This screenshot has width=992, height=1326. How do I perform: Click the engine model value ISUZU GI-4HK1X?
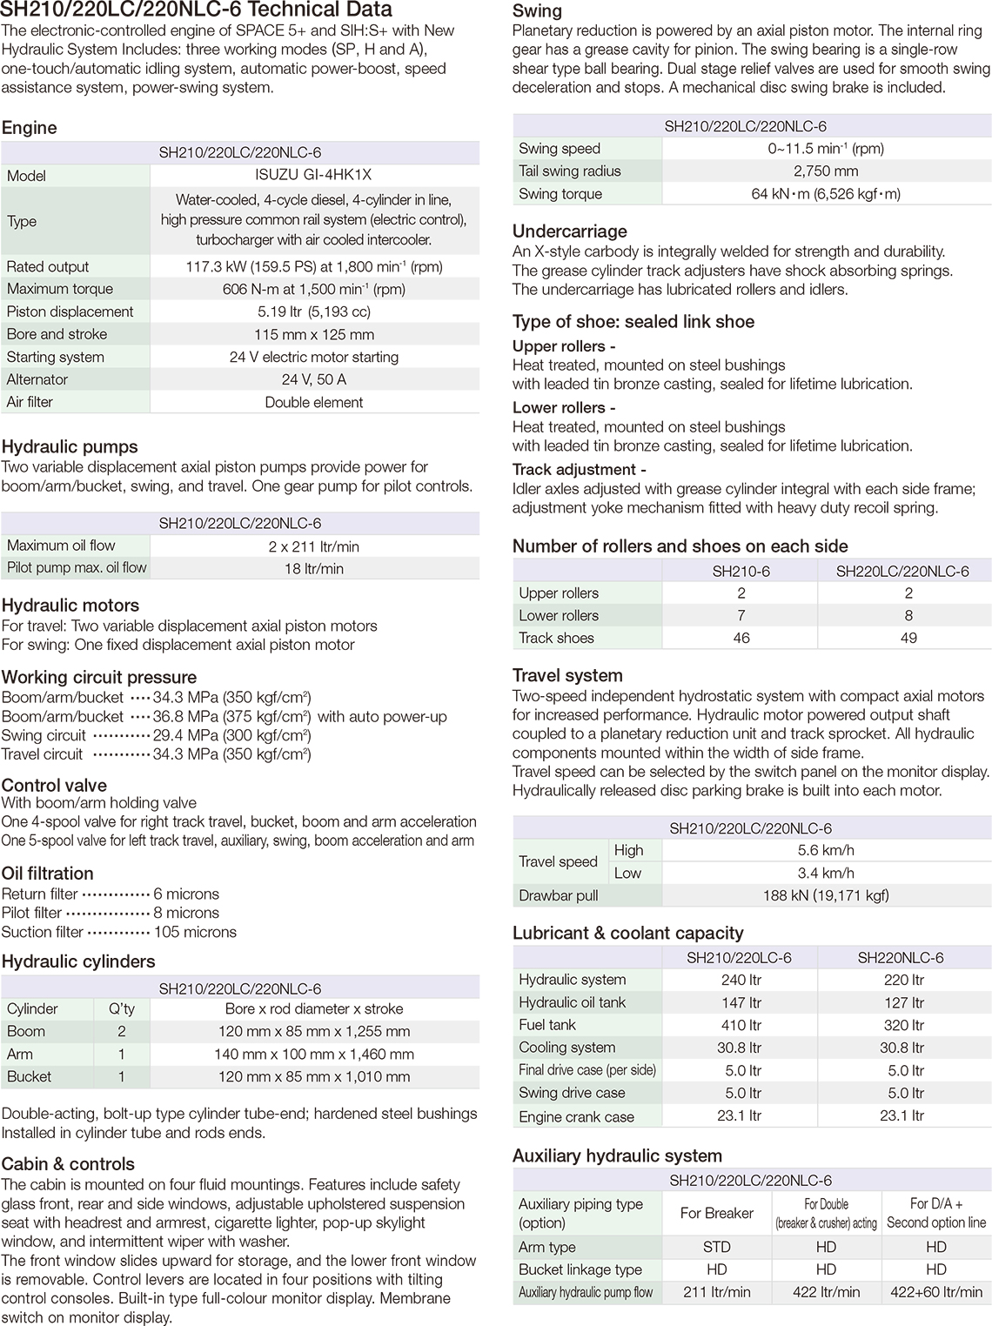tap(314, 175)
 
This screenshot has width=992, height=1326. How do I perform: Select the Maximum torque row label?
tap(59, 289)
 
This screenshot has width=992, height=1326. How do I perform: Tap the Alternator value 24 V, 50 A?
tap(314, 379)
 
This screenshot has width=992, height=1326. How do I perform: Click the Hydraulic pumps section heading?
tap(70, 446)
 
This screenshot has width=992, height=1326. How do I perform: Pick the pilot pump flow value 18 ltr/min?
tap(314, 568)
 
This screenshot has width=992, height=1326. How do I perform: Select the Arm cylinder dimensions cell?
tap(314, 1054)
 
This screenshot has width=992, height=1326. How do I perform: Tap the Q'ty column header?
tap(121, 1008)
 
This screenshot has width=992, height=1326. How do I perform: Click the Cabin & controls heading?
tap(68, 1164)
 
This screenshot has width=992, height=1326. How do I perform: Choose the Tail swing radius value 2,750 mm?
tap(826, 171)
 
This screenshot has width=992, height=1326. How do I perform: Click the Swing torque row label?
tap(560, 194)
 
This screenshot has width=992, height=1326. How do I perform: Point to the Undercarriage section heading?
tap(569, 231)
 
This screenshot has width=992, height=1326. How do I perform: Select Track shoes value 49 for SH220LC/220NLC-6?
tap(908, 638)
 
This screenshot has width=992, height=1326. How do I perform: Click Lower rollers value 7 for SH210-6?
tap(741, 615)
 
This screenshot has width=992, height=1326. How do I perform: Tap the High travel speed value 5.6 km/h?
tap(826, 850)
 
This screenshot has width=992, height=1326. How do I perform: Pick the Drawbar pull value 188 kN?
tap(826, 895)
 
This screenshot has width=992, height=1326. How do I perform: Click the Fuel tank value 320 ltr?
tap(904, 1025)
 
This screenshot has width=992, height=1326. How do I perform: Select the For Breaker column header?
tap(716, 1213)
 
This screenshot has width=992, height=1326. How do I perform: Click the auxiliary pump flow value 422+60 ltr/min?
tap(936, 1292)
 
